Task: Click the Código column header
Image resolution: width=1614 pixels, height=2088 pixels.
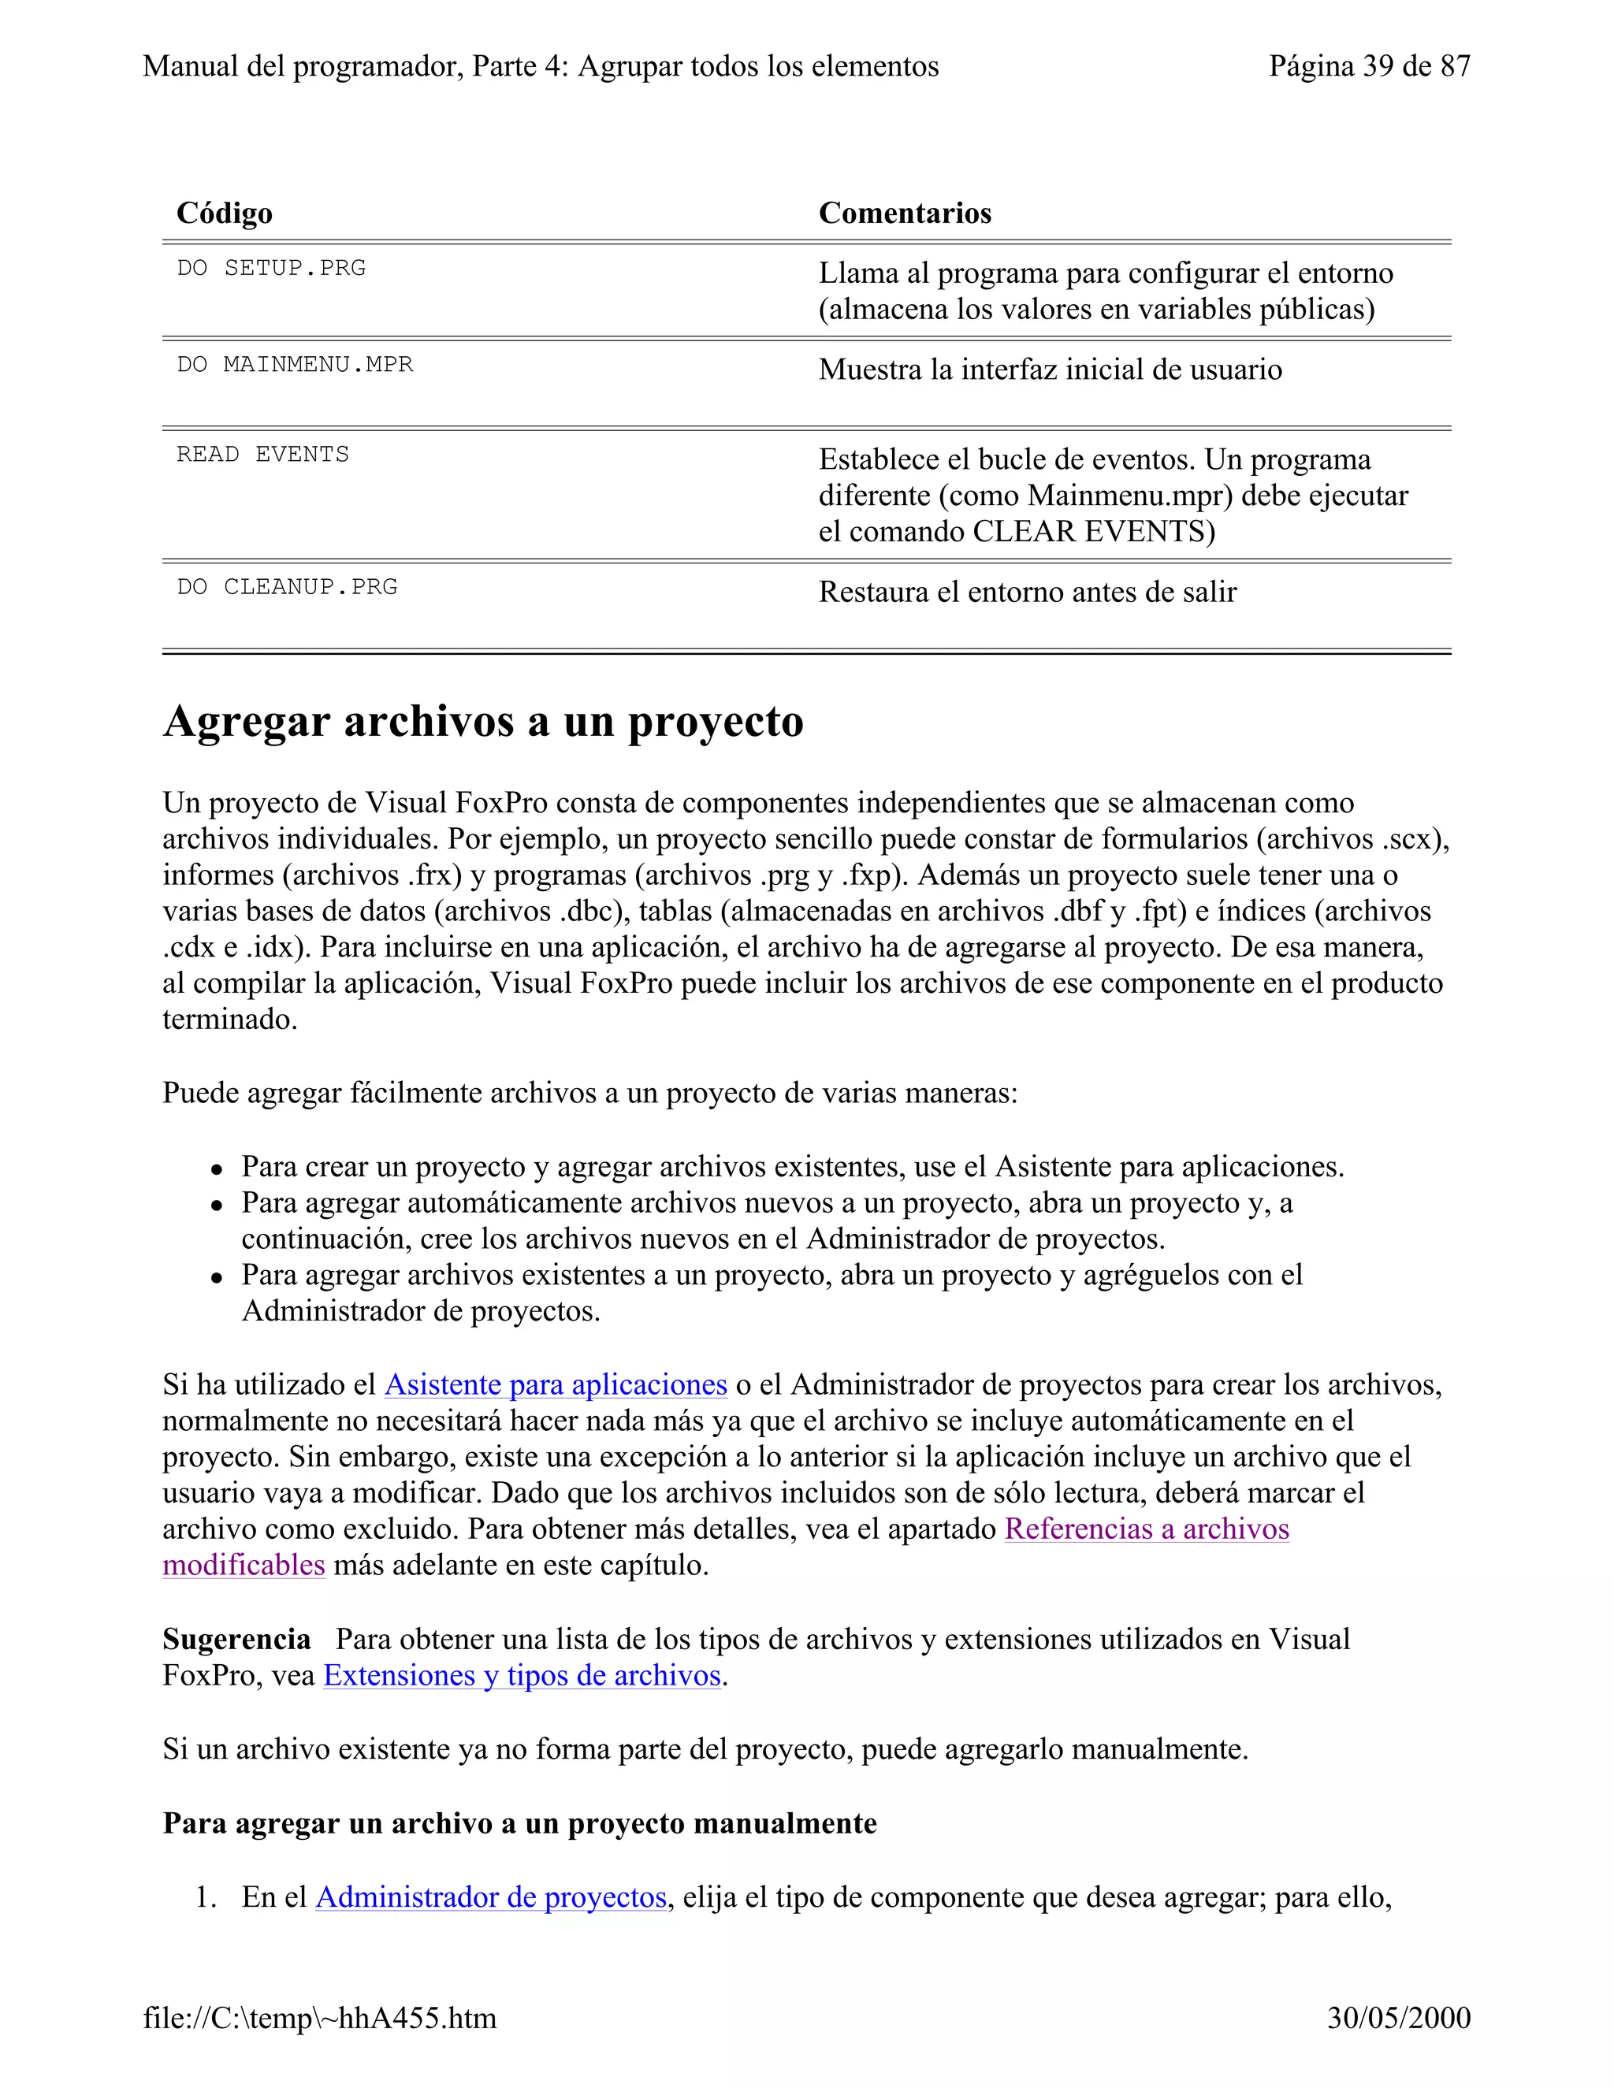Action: pyautogui.click(x=225, y=214)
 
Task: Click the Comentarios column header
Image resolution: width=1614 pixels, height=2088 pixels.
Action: pyautogui.click(x=905, y=214)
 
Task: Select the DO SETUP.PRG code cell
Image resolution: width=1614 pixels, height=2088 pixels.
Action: pyautogui.click(x=272, y=268)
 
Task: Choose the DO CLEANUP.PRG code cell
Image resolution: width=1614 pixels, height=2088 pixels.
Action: pyautogui.click(x=287, y=586)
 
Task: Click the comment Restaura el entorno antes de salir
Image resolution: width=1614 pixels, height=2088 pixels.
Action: pyautogui.click(x=1027, y=592)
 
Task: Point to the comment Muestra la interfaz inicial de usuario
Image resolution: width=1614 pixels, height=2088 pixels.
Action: pyautogui.click(x=1050, y=370)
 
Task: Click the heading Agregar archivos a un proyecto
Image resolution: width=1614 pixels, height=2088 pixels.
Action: pyautogui.click(x=483, y=722)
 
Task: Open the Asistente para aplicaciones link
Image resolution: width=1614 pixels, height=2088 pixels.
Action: pyautogui.click(x=556, y=1384)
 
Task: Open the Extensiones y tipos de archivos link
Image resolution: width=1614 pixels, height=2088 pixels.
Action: pyautogui.click(x=522, y=1675)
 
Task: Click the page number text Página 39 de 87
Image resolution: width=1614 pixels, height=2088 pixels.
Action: pyautogui.click(x=1369, y=66)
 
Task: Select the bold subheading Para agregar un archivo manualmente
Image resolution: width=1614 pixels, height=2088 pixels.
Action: pyautogui.click(x=519, y=1823)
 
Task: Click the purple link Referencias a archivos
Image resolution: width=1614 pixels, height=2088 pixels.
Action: pyautogui.click(x=1147, y=1529)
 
